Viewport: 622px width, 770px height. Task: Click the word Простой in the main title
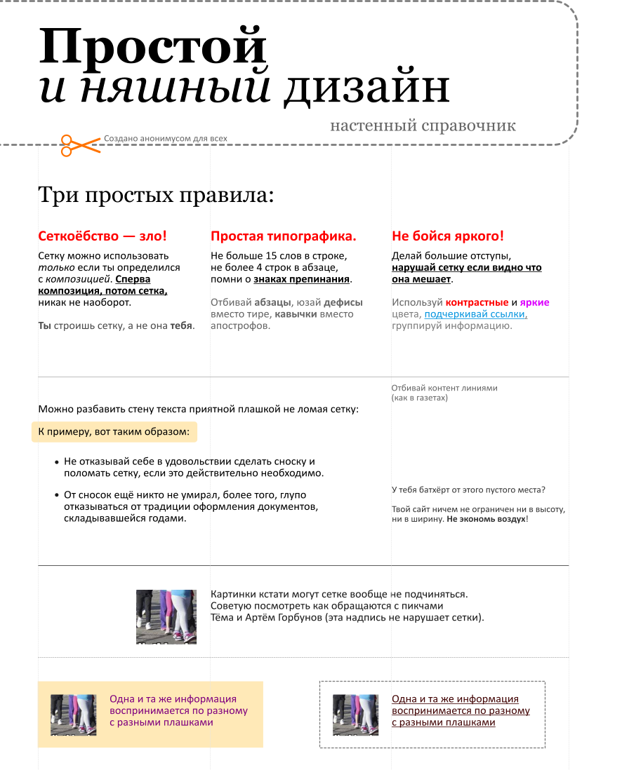pyautogui.click(x=153, y=47)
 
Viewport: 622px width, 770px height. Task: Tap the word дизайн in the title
pyautogui.click(x=366, y=88)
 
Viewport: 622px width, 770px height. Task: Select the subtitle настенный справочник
pyautogui.click(x=423, y=126)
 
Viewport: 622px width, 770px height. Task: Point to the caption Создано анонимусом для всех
pyautogui.click(x=166, y=138)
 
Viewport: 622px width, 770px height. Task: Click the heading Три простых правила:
pyautogui.click(x=156, y=195)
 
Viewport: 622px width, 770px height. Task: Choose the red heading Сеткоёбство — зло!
pyautogui.click(x=102, y=236)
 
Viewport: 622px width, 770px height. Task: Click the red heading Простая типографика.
pyautogui.click(x=283, y=236)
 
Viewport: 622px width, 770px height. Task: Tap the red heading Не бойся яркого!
pyautogui.click(x=448, y=236)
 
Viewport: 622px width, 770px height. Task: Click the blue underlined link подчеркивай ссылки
pyautogui.click(x=475, y=314)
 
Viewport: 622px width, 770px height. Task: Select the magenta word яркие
pyautogui.click(x=534, y=302)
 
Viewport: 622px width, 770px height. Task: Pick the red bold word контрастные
pyautogui.click(x=477, y=302)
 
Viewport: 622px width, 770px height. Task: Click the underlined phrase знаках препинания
pyautogui.click(x=301, y=279)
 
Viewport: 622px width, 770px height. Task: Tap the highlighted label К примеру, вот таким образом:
pyautogui.click(x=114, y=432)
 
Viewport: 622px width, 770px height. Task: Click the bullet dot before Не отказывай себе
pyautogui.click(x=57, y=462)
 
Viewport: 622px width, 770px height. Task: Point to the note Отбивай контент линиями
pyautogui.click(x=444, y=388)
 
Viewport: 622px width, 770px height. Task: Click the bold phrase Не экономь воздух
pyautogui.click(x=487, y=519)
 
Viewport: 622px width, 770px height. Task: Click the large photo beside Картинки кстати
pyautogui.click(x=166, y=617)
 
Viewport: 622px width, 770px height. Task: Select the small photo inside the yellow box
pyautogui.click(x=73, y=715)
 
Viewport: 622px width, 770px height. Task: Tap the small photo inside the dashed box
pyautogui.click(x=355, y=715)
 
